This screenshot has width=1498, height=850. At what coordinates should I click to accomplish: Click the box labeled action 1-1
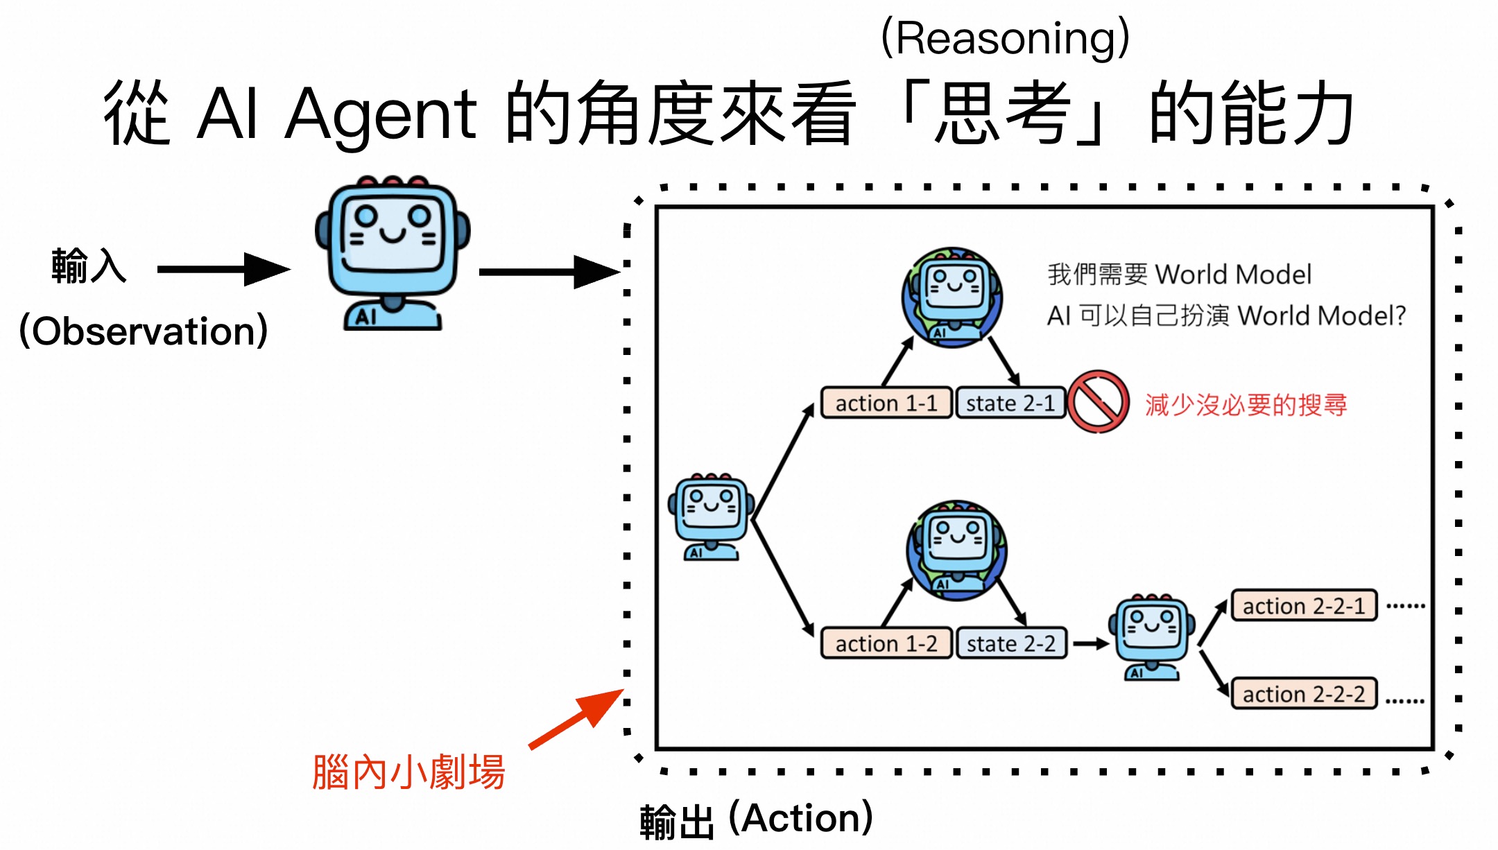tap(886, 403)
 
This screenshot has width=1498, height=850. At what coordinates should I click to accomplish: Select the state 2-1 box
tap(1010, 403)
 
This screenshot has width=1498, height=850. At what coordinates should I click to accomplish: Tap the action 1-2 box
tap(886, 643)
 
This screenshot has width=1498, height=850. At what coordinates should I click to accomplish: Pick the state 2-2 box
tap(1011, 643)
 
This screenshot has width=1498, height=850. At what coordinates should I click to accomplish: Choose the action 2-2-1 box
tap(1303, 606)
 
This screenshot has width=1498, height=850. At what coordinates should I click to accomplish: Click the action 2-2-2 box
tap(1303, 694)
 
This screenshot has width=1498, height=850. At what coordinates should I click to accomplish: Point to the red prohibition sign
tap(1099, 401)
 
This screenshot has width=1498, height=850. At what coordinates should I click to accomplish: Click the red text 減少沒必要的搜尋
tap(1246, 405)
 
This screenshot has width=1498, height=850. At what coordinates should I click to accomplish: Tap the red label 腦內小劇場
tap(408, 772)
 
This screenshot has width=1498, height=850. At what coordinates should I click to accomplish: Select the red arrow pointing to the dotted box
tap(576, 719)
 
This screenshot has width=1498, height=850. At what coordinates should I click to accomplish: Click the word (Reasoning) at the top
tap(1005, 38)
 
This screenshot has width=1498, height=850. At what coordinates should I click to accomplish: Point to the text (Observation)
tap(144, 331)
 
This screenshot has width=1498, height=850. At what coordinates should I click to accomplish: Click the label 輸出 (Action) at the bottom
tap(756, 819)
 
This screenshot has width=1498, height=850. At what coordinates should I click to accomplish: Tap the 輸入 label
tap(89, 266)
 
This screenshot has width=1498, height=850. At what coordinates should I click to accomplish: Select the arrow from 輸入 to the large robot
tap(222, 269)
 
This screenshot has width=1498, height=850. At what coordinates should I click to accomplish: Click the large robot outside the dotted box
tap(393, 253)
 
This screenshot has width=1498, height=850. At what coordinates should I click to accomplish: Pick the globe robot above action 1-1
tap(952, 297)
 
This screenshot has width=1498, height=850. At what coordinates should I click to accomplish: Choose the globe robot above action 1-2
tap(956, 550)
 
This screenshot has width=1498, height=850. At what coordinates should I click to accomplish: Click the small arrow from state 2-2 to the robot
tap(1090, 644)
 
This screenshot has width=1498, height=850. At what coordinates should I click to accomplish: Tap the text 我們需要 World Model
tap(1179, 275)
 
